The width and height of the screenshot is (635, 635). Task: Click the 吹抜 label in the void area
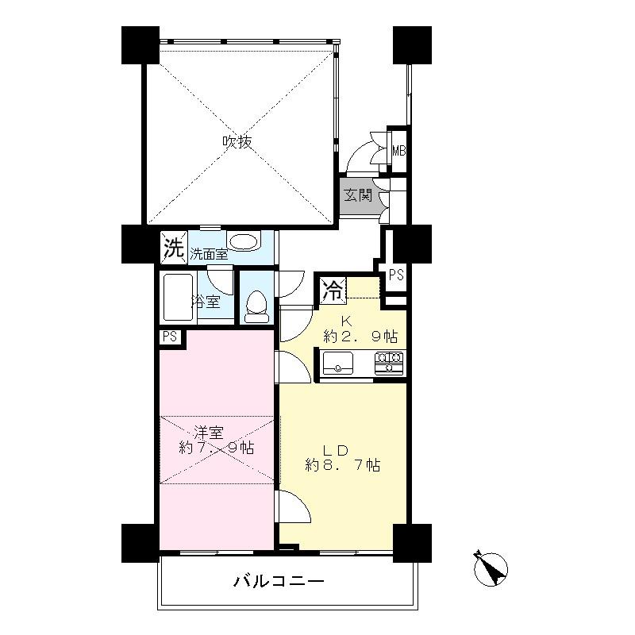[237, 142]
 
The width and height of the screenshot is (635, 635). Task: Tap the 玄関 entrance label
[357, 194]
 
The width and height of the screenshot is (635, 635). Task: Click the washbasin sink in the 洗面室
[243, 241]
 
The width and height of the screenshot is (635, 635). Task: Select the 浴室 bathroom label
[206, 302]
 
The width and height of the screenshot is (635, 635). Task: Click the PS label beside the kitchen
[396, 275]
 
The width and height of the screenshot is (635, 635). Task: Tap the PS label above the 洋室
[170, 337]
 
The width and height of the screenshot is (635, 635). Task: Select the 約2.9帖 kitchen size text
[360, 337]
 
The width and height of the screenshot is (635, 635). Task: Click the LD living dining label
[342, 447]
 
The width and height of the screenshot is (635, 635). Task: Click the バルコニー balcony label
[279, 582]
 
